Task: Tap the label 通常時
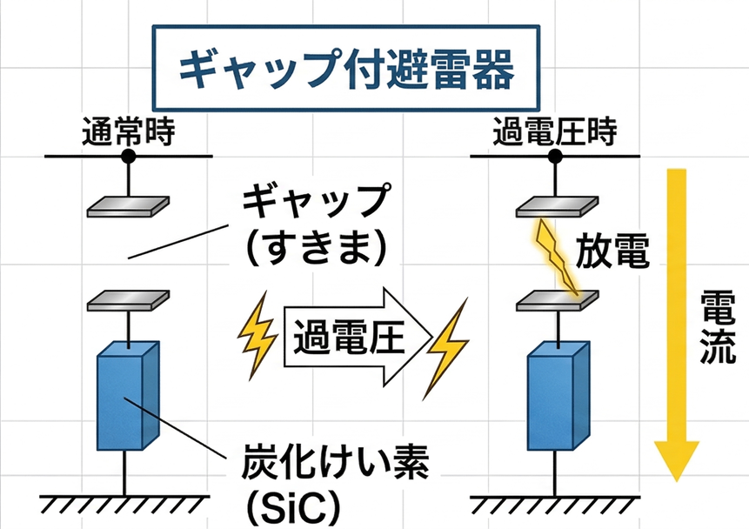pos(128,132)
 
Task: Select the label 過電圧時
pos(554,132)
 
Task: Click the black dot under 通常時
pos(129,157)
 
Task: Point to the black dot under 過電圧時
pos(555,157)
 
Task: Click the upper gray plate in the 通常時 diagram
pos(129,205)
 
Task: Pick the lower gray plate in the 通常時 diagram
pos(129,301)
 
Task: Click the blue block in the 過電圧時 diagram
pos(555,396)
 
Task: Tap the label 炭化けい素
pos(334,468)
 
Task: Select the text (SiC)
pos(286,508)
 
